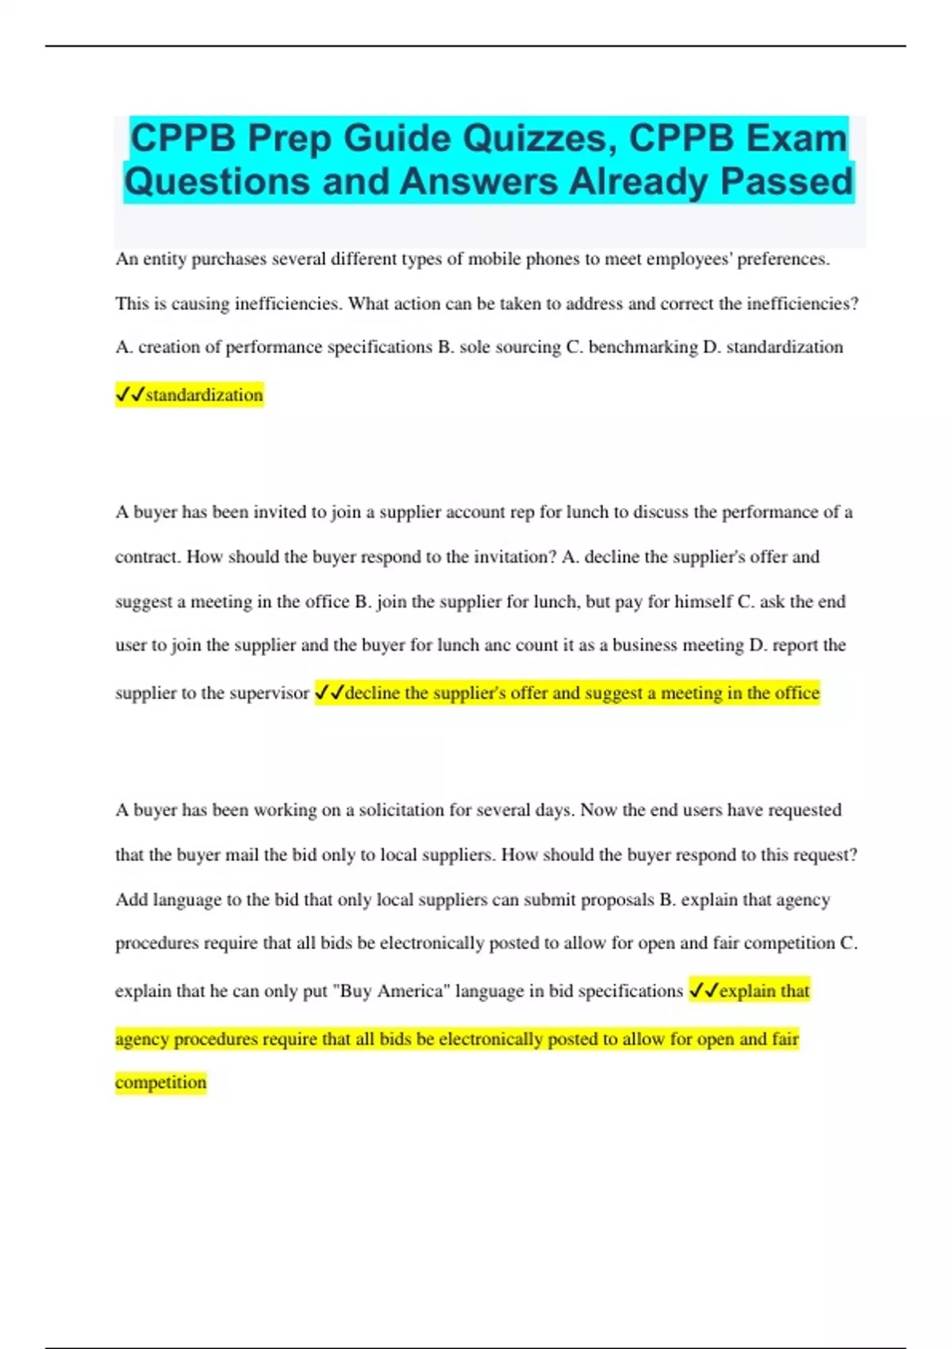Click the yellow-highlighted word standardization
pyautogui.click(x=204, y=394)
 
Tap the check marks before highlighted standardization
pyautogui.click(x=130, y=394)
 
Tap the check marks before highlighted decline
pyautogui.click(x=329, y=693)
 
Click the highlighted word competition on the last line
pyautogui.click(x=160, y=1082)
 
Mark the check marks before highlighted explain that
pyautogui.click(x=704, y=990)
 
